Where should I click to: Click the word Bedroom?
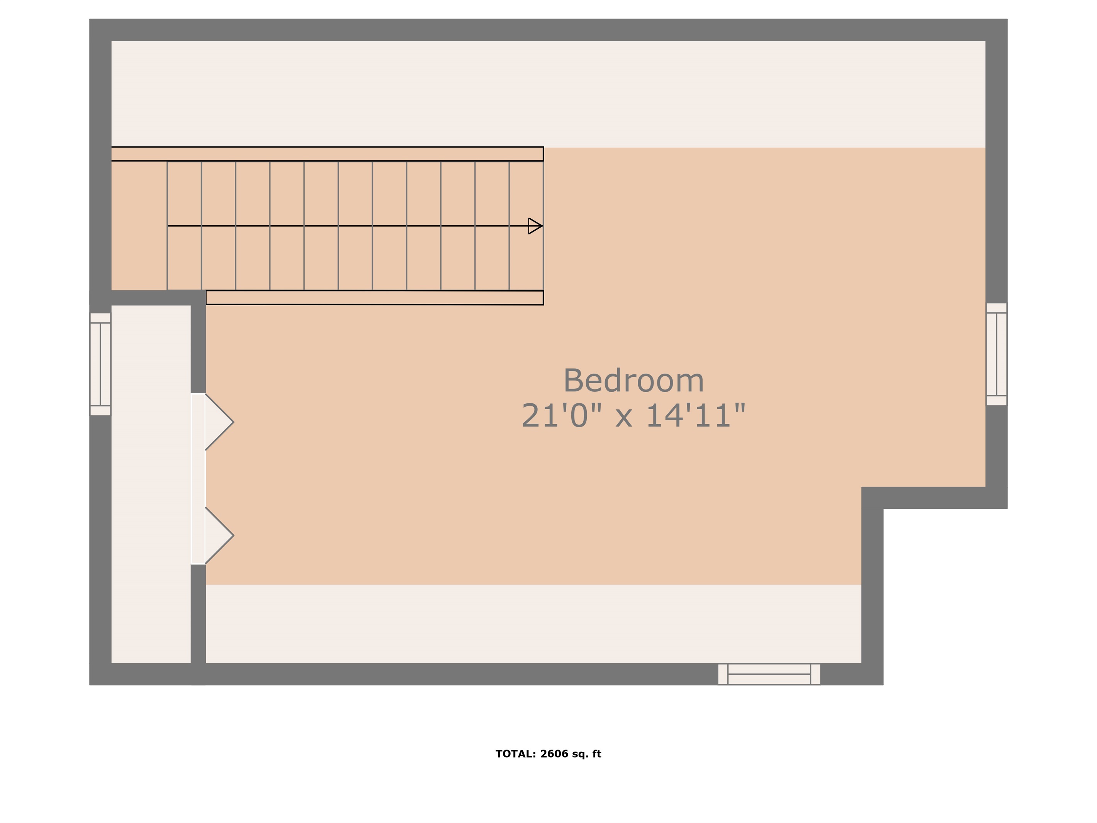tap(633, 381)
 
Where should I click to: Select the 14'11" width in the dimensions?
tap(695, 415)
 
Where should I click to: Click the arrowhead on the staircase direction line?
tap(535, 226)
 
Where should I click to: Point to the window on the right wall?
tap(996, 354)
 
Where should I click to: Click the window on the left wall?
tap(100, 364)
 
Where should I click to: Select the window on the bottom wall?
tap(769, 674)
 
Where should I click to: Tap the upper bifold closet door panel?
tap(219, 422)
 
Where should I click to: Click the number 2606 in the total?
tap(554, 754)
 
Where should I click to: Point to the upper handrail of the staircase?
tap(327, 154)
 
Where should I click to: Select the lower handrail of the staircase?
tap(375, 298)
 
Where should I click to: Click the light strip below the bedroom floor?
tap(533, 624)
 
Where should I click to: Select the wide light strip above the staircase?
tap(548, 94)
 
